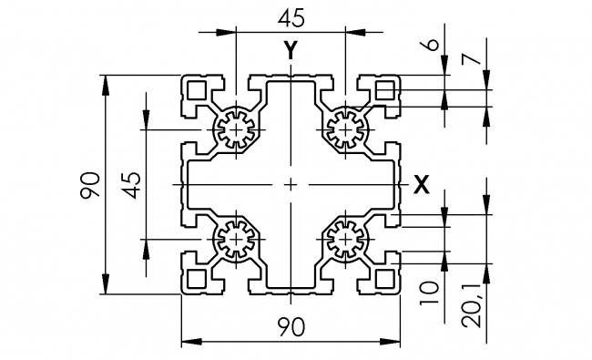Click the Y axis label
[x=290, y=51]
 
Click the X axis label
[x=421, y=185]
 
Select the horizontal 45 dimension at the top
[x=291, y=17]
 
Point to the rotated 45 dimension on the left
[x=131, y=185]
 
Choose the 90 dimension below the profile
[x=291, y=325]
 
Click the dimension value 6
[x=432, y=45]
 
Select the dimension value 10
[x=432, y=291]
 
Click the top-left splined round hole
[x=237, y=130]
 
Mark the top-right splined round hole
[x=345, y=130]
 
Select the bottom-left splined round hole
[x=237, y=241]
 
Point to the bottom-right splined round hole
[x=345, y=241]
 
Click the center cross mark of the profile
[x=291, y=185]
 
